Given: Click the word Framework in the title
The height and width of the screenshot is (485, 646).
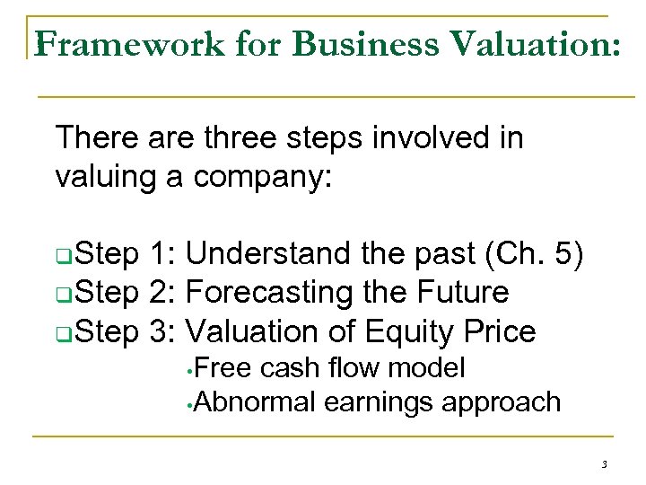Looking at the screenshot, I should (129, 43).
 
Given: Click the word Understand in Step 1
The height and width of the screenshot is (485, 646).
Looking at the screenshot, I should (268, 254).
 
